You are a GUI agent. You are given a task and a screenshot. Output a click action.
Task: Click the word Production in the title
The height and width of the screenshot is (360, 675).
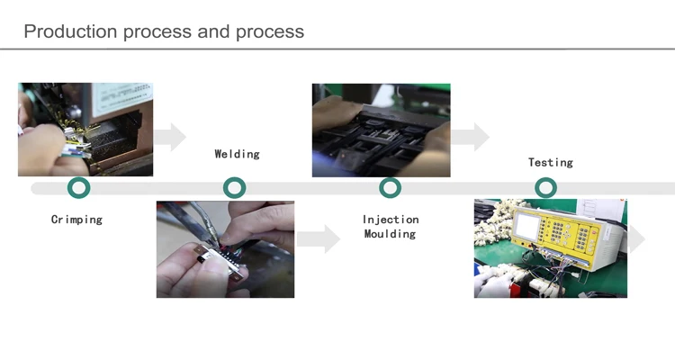pyautogui.click(x=70, y=31)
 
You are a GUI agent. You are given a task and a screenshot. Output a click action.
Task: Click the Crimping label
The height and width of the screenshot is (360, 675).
pyautogui.click(x=76, y=220)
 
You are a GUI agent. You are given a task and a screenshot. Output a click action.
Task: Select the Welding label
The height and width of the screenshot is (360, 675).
pyautogui.click(x=237, y=154)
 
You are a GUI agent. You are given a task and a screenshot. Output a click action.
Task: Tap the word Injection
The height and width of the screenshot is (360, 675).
pyautogui.click(x=391, y=220)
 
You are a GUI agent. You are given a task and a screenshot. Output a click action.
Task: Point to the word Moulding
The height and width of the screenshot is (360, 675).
pyautogui.click(x=390, y=234)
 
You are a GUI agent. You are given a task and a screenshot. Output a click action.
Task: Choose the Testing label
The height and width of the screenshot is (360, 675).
pyautogui.click(x=550, y=163)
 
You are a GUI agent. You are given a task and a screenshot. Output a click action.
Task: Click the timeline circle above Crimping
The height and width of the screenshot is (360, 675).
pyautogui.click(x=79, y=188)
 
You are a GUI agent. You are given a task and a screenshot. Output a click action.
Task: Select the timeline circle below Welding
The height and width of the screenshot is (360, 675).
pyautogui.click(x=235, y=188)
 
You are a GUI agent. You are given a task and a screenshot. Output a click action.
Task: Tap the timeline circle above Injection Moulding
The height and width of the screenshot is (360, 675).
pyautogui.click(x=390, y=188)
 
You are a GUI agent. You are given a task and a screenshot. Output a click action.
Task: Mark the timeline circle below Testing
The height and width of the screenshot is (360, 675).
pyautogui.click(x=545, y=188)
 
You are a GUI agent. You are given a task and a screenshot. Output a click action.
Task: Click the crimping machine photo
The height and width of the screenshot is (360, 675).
pyautogui.click(x=85, y=130)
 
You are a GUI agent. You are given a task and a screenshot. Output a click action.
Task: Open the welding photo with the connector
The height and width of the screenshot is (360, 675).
pyautogui.click(x=225, y=249)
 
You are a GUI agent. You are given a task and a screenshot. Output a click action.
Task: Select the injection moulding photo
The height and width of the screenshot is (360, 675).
pyautogui.click(x=381, y=130)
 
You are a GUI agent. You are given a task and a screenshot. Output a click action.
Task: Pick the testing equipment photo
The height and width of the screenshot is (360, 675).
pyautogui.click(x=551, y=248)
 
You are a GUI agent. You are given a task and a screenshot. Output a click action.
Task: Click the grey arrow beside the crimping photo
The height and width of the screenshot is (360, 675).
pyautogui.click(x=170, y=138)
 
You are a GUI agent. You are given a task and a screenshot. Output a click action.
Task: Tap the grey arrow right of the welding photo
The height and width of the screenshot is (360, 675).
pyautogui.click(x=319, y=239)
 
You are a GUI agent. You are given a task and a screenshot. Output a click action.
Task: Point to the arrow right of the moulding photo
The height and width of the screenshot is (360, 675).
pyautogui.click(x=471, y=138)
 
